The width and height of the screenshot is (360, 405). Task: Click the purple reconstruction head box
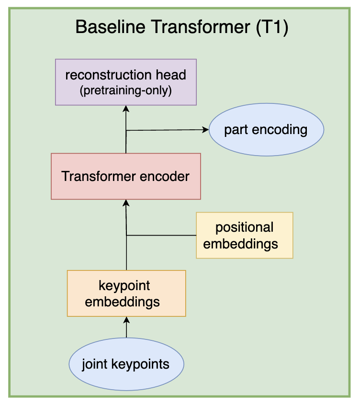pos(126,82)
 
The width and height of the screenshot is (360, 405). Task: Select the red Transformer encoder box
pos(126,176)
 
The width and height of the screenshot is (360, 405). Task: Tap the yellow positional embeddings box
pos(244,235)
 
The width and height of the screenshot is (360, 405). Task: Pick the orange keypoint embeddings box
pos(126,293)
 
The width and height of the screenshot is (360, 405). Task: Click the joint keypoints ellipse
pos(126,364)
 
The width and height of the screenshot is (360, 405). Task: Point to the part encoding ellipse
pos(266,130)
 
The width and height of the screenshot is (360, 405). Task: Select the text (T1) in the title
pos(272,27)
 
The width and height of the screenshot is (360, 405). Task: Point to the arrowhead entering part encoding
pos(206,130)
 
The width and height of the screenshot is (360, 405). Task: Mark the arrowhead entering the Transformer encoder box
pos(126,202)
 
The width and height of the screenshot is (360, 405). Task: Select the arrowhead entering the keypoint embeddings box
pos(126,319)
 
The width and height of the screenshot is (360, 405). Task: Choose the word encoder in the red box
pos(166,176)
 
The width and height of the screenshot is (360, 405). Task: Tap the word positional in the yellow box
pos(244,227)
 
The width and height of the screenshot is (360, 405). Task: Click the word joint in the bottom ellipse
pos(94,364)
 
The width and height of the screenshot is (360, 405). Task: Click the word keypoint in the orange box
pos(124,286)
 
